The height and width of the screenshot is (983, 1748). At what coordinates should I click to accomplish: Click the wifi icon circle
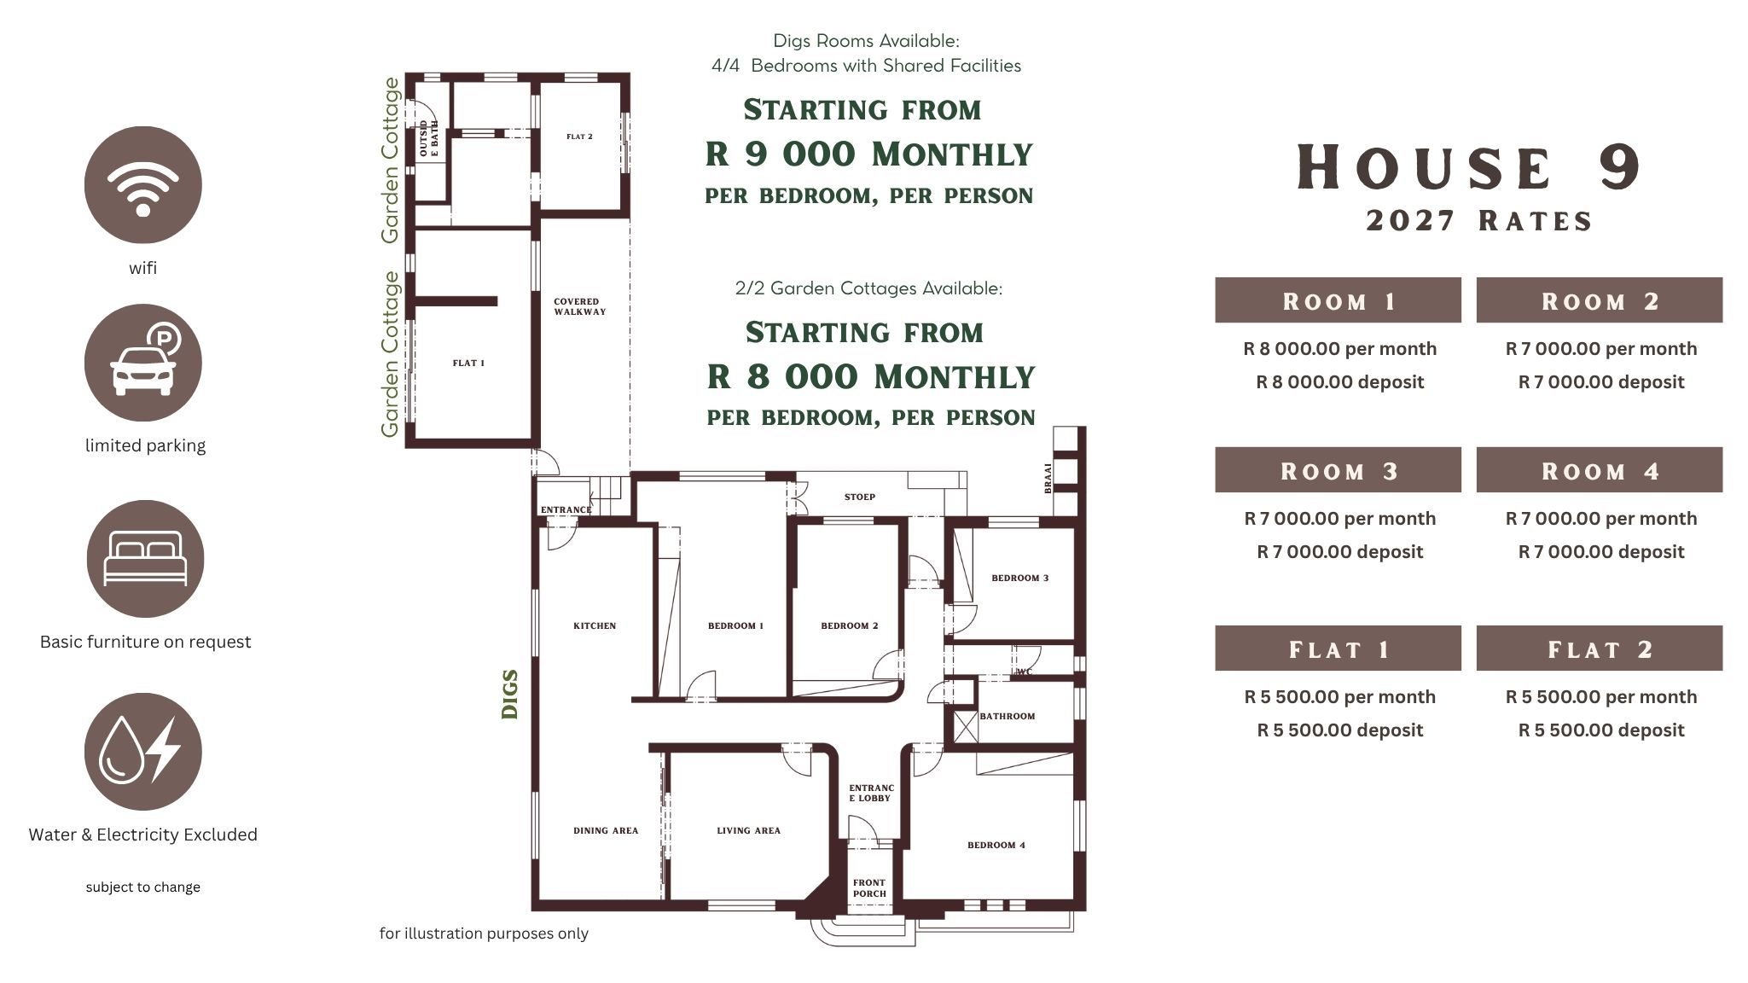(x=143, y=184)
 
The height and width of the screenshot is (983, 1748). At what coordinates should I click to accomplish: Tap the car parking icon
(x=143, y=363)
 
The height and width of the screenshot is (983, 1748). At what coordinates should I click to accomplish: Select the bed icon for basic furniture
(x=145, y=559)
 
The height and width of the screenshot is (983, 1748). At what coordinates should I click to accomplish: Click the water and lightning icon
(x=143, y=752)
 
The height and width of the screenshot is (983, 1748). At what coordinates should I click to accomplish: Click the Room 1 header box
(x=1338, y=300)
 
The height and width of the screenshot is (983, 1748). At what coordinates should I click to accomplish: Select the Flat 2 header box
(x=1600, y=649)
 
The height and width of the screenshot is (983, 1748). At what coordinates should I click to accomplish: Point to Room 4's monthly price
(x=1601, y=519)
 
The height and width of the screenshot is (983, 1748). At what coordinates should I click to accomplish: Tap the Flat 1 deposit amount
(x=1340, y=730)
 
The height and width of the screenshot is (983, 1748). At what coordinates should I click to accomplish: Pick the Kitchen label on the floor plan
(x=595, y=626)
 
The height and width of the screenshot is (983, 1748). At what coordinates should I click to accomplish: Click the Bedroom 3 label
(x=1020, y=579)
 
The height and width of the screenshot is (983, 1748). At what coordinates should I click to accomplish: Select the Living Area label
(x=749, y=831)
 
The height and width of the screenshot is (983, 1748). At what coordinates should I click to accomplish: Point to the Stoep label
(x=860, y=497)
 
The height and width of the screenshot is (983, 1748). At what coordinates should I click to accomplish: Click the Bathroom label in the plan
(x=1008, y=717)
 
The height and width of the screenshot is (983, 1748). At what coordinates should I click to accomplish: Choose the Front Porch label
(x=869, y=889)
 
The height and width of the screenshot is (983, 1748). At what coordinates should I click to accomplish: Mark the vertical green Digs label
(x=510, y=695)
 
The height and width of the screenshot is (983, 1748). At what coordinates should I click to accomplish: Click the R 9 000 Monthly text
(x=869, y=154)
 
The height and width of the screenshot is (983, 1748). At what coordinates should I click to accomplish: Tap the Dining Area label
(x=606, y=831)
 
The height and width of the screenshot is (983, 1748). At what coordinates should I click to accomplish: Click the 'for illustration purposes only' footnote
(x=484, y=934)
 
